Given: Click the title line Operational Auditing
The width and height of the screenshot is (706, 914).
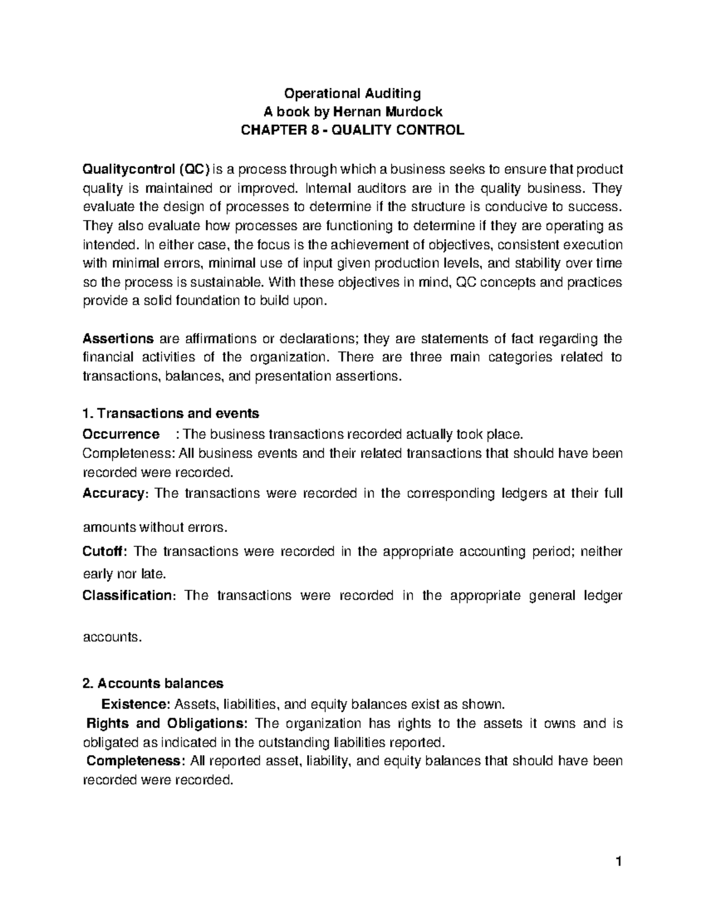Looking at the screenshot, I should (x=352, y=93).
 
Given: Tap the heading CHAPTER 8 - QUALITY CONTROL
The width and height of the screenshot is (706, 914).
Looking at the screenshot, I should (x=352, y=131).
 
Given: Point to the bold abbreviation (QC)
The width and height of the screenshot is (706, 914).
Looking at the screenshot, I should (x=194, y=169).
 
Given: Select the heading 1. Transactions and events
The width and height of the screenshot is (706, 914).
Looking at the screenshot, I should (x=171, y=414).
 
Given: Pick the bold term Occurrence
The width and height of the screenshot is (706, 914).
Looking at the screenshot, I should (x=121, y=434).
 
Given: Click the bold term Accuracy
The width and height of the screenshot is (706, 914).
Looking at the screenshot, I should (x=112, y=493).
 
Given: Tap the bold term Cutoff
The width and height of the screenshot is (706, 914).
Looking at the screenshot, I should (x=104, y=551).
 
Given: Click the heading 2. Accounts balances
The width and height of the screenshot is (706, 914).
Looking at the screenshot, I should (x=154, y=683).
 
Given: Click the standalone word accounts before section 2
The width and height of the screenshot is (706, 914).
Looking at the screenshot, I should (x=112, y=637).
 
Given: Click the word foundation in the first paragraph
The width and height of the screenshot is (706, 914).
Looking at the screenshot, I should (x=204, y=301).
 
